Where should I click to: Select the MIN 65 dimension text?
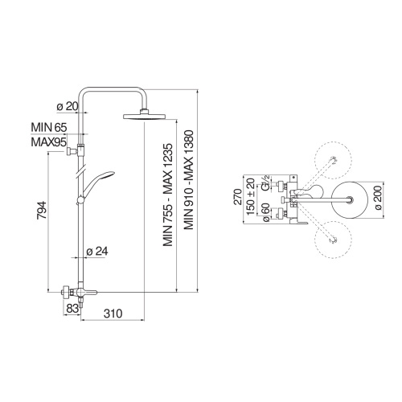pyautogui.click(x=48, y=127)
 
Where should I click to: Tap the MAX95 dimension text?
pyautogui.click(x=48, y=142)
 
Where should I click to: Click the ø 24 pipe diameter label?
pyautogui.click(x=97, y=250)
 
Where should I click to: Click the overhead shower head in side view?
pyautogui.click(x=146, y=118)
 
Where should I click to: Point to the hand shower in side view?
pyautogui.click(x=100, y=178)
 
